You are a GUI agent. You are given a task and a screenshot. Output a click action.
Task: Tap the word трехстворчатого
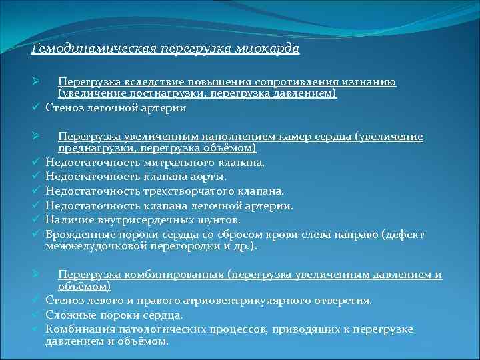coord(174,191)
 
